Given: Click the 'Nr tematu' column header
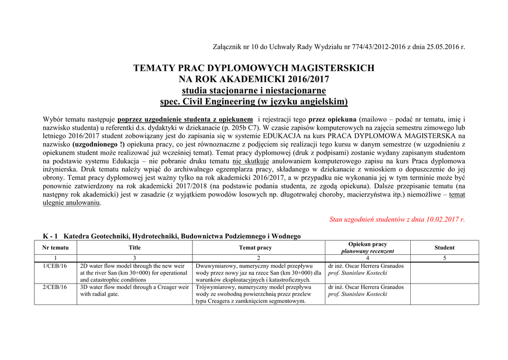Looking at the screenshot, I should pyautogui.click(x=56, y=248).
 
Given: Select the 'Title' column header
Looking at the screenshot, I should pyautogui.click(x=134, y=248).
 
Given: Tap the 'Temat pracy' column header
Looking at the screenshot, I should pyautogui.click(x=255, y=248).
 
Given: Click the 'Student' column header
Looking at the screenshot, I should pyautogui.click(x=444, y=248).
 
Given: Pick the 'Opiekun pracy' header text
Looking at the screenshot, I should pyautogui.click(x=367, y=244).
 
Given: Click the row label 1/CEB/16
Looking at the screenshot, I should pyautogui.click(x=55, y=266).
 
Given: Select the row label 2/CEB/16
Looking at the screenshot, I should pyautogui.click(x=55, y=287).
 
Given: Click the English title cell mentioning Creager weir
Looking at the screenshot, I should pyautogui.click(x=134, y=290).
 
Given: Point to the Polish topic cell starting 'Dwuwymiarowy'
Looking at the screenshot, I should pyautogui.click(x=258, y=273).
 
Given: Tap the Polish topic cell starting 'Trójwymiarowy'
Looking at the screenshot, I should pyautogui.click(x=258, y=294).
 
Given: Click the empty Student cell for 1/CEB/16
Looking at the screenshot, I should pyautogui.click(x=444, y=273).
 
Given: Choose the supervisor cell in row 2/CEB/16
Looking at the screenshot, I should pyautogui.click(x=367, y=290).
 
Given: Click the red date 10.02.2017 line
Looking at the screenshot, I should pyautogui.click(x=397, y=219).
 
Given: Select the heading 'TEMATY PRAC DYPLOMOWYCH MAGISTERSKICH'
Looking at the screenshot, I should pyautogui.click(x=254, y=68).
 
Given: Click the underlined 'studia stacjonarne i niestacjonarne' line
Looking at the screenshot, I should pyautogui.click(x=254, y=90).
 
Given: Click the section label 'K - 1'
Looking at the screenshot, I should pyautogui.click(x=51, y=236).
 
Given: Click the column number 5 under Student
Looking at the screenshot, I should pyautogui.click(x=444, y=258).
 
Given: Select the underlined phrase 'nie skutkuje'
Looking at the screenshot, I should pyautogui.click(x=251, y=161).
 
